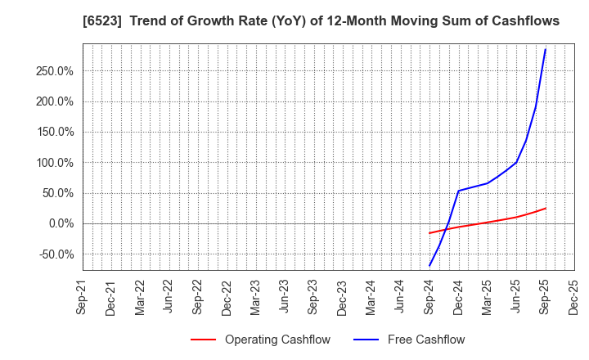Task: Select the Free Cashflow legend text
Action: pyautogui.click(x=425, y=340)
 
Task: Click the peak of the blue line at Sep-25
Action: pyautogui.click(x=546, y=49)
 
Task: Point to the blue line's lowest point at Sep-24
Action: pyautogui.click(x=429, y=266)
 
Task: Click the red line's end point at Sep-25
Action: pyautogui.click(x=546, y=208)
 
